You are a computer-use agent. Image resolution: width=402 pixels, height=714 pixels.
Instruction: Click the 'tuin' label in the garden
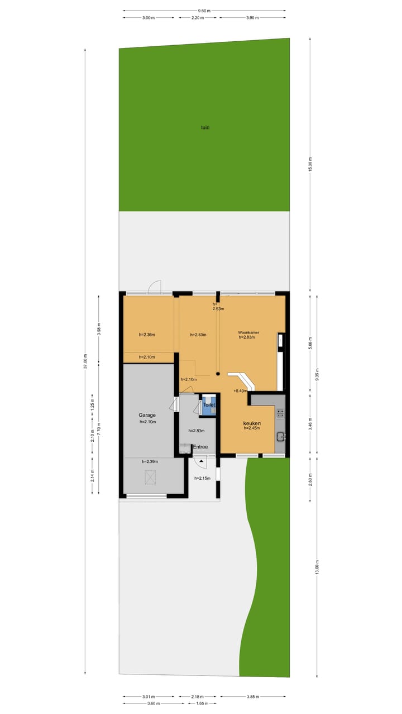point(205,127)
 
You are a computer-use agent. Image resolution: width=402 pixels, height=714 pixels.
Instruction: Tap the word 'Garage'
point(147,415)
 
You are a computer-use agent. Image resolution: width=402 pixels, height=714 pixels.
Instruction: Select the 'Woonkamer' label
point(248,332)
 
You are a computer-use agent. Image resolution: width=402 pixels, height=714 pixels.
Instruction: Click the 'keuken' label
point(252,423)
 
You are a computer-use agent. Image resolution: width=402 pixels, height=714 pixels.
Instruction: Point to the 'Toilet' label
point(209,405)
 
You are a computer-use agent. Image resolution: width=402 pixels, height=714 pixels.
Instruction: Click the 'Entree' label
point(200,447)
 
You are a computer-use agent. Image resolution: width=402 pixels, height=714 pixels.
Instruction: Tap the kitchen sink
point(280,437)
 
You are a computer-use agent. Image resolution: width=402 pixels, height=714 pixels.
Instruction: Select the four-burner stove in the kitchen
point(280,413)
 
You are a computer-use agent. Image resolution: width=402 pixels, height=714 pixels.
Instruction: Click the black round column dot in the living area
point(218,374)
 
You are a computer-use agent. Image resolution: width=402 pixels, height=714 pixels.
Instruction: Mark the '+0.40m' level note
point(240,390)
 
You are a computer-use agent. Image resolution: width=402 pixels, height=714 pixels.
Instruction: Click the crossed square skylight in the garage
point(150,477)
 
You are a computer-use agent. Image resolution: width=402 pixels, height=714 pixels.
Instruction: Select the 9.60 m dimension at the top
point(204,11)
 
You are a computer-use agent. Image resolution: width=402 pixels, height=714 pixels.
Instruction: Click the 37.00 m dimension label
point(85,361)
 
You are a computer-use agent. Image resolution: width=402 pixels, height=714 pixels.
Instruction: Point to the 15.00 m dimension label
point(311,163)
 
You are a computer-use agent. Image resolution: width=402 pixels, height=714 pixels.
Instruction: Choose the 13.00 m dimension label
point(317,567)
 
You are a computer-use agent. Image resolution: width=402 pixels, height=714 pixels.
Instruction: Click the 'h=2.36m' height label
point(147,335)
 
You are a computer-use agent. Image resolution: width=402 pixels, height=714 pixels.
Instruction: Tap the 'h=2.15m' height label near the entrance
point(202,478)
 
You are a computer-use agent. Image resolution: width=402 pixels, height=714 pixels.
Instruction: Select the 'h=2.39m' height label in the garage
point(150,461)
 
